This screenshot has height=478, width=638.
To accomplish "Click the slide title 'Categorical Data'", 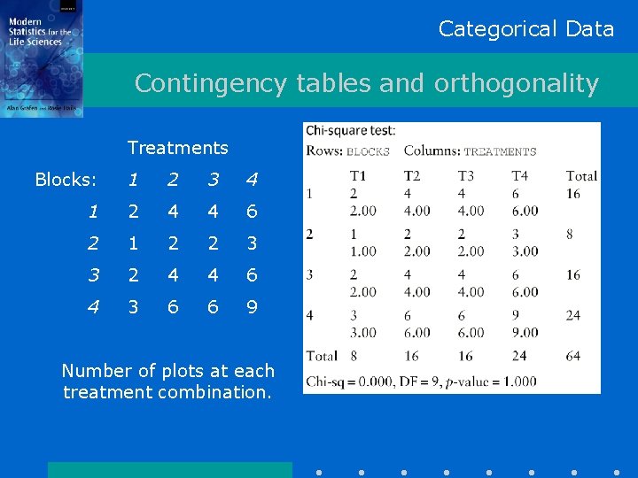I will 525,28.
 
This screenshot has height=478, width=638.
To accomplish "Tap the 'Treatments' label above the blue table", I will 177,148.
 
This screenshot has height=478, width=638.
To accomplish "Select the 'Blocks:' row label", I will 66,180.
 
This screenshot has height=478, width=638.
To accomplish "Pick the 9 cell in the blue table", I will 253,307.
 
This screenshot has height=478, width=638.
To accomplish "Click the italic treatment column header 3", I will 213,180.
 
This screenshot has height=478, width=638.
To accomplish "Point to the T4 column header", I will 519,176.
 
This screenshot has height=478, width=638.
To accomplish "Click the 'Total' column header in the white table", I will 581,176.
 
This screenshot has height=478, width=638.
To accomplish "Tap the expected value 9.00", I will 525,333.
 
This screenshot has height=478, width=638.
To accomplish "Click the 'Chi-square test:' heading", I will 351,131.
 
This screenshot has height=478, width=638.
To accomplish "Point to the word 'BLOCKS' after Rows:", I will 368,151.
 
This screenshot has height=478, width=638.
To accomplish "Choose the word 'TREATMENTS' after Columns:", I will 500,151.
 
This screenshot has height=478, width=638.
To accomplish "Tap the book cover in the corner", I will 42,58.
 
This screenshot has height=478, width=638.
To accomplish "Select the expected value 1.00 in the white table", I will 363,251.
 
